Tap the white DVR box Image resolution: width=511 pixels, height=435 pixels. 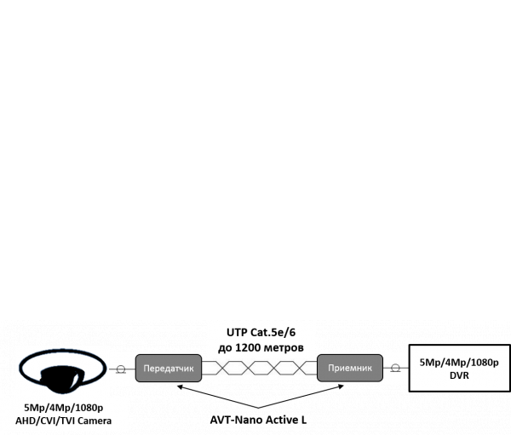coord(459,368)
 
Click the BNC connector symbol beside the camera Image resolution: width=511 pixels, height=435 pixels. coord(122,369)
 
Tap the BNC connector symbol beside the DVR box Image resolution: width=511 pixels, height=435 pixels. coord(394,369)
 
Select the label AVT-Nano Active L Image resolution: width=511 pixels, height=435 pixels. coord(260,420)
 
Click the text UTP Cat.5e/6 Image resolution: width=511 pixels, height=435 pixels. coord(261,333)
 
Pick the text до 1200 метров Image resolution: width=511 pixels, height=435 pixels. coord(261,347)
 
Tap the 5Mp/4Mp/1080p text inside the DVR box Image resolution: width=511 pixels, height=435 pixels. coord(459,361)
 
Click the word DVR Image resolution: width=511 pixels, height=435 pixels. coord(459,375)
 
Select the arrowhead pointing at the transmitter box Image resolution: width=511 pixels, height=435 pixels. coord(180,387)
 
